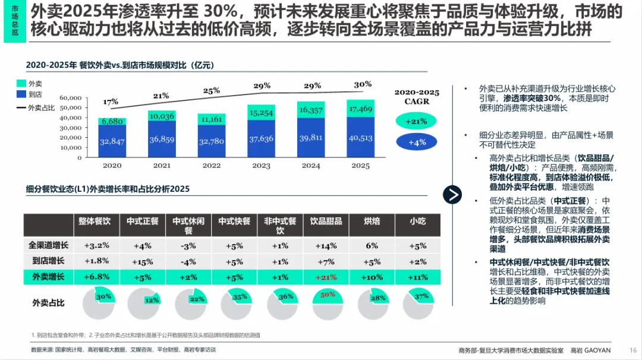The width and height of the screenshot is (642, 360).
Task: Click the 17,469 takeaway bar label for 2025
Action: [361, 109]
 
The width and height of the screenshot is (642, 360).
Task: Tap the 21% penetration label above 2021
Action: [161, 95]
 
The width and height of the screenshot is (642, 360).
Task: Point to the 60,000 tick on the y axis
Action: [71, 97]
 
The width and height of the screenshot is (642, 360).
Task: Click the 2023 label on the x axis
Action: [262, 166]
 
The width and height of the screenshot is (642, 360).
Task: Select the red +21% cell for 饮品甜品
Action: [326, 277]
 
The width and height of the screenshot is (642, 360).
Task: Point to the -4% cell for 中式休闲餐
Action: [188, 261]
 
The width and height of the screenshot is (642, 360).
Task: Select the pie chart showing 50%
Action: [326, 303]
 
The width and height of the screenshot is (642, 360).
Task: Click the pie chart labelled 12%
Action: [143, 303]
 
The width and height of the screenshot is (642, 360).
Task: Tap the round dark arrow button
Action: [453, 194]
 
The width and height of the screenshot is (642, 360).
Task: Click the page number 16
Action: [633, 350]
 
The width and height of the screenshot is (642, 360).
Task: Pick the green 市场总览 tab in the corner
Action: [14, 21]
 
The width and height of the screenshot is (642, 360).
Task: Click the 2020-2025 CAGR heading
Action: [417, 97]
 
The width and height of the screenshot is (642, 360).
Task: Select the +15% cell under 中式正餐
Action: [143, 261]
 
